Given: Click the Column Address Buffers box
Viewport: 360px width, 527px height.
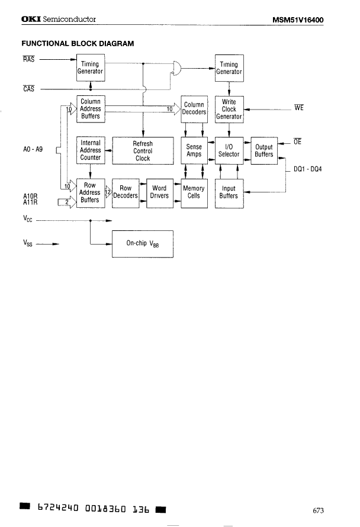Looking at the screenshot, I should coord(91,109).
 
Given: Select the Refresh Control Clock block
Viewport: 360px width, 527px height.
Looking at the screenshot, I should coord(143,151).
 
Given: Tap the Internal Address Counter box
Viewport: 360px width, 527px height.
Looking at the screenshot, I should coord(91,150).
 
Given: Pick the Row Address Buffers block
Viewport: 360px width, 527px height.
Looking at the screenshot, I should coord(91,192).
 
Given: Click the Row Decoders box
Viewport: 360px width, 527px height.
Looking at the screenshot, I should coord(125,192).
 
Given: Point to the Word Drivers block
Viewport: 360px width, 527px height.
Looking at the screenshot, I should coord(159,192).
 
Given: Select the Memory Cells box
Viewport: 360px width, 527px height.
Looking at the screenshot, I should coord(194,192).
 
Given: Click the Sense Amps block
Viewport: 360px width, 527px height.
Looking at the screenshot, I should coord(194,150).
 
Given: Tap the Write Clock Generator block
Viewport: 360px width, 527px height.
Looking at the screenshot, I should coord(229,109).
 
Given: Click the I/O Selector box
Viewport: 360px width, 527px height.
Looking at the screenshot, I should coord(229,150).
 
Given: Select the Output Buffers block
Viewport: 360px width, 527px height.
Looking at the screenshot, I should coord(263,150).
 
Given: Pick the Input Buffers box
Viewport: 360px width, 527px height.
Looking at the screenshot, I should coord(229,192).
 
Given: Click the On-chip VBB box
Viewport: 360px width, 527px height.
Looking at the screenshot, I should coord(143,243).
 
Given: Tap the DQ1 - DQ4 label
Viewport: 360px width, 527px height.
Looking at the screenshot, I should coord(309,169).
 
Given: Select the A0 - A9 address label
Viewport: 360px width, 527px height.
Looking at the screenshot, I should coord(32,150).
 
